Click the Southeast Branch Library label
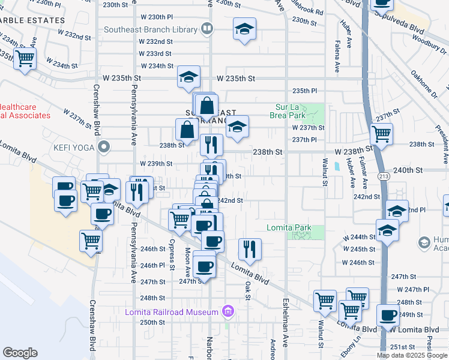coord(150,29)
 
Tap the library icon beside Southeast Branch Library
coord(207,28)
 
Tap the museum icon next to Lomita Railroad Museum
coord(228,311)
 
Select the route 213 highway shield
coord(383,176)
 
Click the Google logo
coord(20,353)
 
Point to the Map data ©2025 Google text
coord(412,355)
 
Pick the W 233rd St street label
coord(155,53)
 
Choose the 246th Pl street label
coord(152,265)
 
